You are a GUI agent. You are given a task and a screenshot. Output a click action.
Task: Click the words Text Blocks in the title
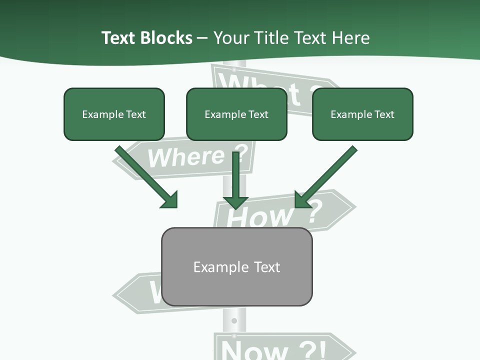146,38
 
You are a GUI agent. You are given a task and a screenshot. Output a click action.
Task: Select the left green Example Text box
114,114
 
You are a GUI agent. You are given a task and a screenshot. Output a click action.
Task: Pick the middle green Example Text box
236,114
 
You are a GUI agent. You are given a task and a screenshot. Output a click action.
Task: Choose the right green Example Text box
362,114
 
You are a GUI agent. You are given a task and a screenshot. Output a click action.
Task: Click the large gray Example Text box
236,267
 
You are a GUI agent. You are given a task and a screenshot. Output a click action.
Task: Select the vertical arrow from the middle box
235,180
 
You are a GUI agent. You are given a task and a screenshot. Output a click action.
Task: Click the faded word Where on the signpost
186,157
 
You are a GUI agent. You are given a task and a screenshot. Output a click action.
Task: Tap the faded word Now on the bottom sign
247,350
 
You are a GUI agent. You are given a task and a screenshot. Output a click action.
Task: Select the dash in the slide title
202,38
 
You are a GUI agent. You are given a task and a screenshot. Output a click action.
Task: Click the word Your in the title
231,38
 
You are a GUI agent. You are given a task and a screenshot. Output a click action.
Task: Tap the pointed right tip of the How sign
355,205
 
